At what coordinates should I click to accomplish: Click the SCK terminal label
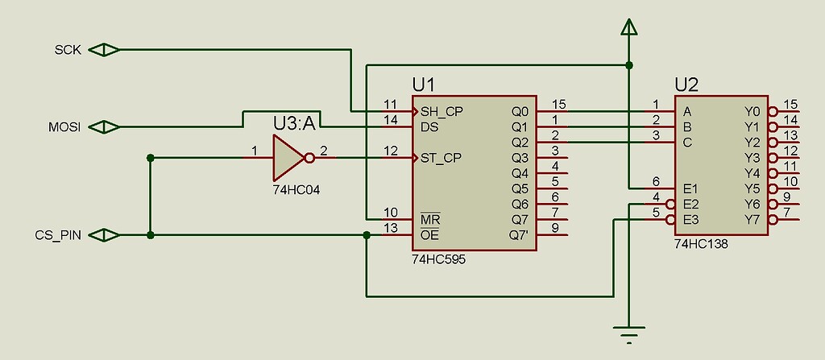tap(67, 50)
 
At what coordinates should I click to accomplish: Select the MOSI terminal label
tap(65, 126)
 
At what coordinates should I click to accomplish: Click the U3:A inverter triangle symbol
tap(286, 157)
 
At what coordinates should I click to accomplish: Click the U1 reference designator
tap(424, 85)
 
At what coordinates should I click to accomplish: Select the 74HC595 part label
tap(438, 260)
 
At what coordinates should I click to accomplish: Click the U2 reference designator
tap(686, 85)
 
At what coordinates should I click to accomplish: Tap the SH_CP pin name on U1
tap(442, 111)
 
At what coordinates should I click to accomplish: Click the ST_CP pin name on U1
tap(441, 157)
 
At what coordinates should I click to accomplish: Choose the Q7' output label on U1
tap(520, 235)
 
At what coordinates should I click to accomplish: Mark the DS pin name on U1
tap(429, 126)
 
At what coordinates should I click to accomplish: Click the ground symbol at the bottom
tap(629, 329)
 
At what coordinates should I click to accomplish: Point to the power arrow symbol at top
tap(629, 27)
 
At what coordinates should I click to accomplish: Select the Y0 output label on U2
tap(752, 111)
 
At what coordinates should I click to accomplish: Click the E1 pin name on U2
tap(690, 188)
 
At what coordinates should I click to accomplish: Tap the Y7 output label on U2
tap(752, 219)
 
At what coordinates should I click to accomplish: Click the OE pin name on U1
tap(429, 235)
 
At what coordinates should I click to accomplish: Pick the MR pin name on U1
tap(430, 219)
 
